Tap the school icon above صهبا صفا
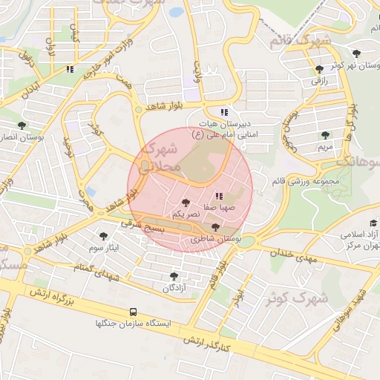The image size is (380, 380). (218, 195)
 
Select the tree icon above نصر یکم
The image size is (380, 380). (185, 202)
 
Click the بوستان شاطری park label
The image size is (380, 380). (216, 239)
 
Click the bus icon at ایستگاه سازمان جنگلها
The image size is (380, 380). (133, 312)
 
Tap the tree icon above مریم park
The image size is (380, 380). (324, 134)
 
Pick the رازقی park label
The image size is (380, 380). (318, 79)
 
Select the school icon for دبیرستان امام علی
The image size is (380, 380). (223, 111)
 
